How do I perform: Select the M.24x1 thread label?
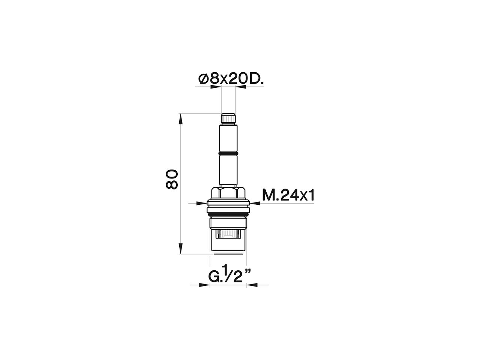[x=288, y=195]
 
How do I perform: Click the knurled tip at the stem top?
[x=228, y=119]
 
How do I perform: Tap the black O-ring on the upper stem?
[x=228, y=154]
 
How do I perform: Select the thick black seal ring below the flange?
[x=228, y=215]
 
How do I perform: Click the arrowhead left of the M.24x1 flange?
[x=202, y=203]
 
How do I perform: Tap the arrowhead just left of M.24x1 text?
[x=255, y=203]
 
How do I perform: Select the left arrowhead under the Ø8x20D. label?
[x=216, y=87]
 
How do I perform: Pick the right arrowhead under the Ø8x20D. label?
[x=241, y=87]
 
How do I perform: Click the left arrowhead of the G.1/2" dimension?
[x=204, y=285]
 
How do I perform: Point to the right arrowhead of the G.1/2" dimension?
[x=252, y=285]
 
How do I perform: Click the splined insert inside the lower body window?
[x=228, y=234]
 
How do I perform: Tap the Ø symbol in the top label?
[x=203, y=79]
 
